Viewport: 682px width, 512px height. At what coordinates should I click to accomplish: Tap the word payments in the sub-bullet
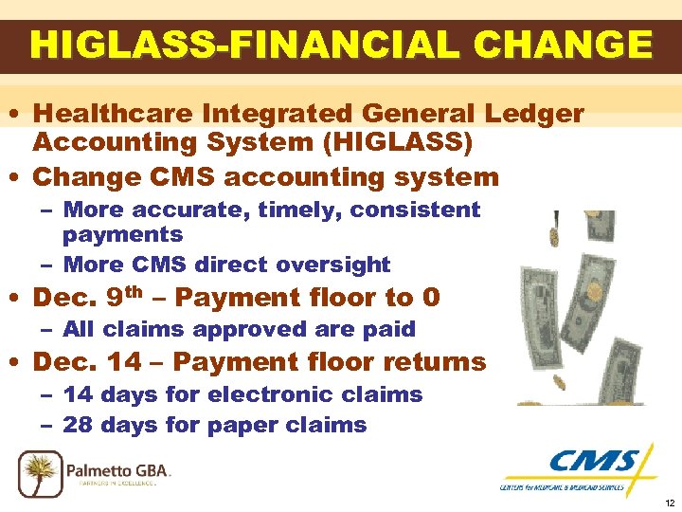(123, 233)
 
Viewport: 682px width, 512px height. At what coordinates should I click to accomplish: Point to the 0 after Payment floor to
(431, 298)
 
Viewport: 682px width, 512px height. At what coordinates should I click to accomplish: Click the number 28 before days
(78, 425)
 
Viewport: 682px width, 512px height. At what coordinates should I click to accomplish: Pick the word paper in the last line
(250, 426)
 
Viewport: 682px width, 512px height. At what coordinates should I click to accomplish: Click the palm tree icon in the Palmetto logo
(41, 471)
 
